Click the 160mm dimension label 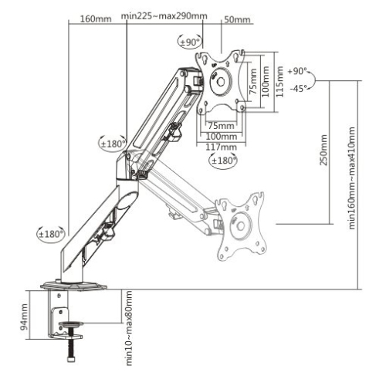click(x=96, y=18)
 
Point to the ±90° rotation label click(x=191, y=43)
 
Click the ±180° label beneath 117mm click(x=224, y=160)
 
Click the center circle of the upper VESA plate click(x=221, y=80)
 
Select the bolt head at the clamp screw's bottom click(x=71, y=359)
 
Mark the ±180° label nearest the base click(x=51, y=232)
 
